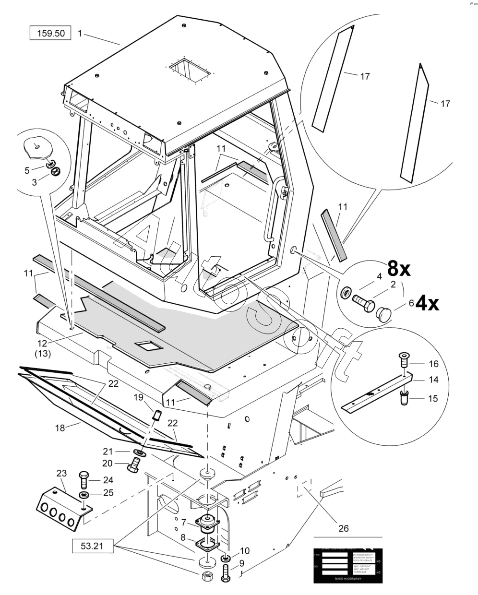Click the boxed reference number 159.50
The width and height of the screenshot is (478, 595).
pos(50,34)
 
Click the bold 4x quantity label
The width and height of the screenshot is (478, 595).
pos(427,304)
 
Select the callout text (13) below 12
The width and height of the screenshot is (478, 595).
pos(43,354)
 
